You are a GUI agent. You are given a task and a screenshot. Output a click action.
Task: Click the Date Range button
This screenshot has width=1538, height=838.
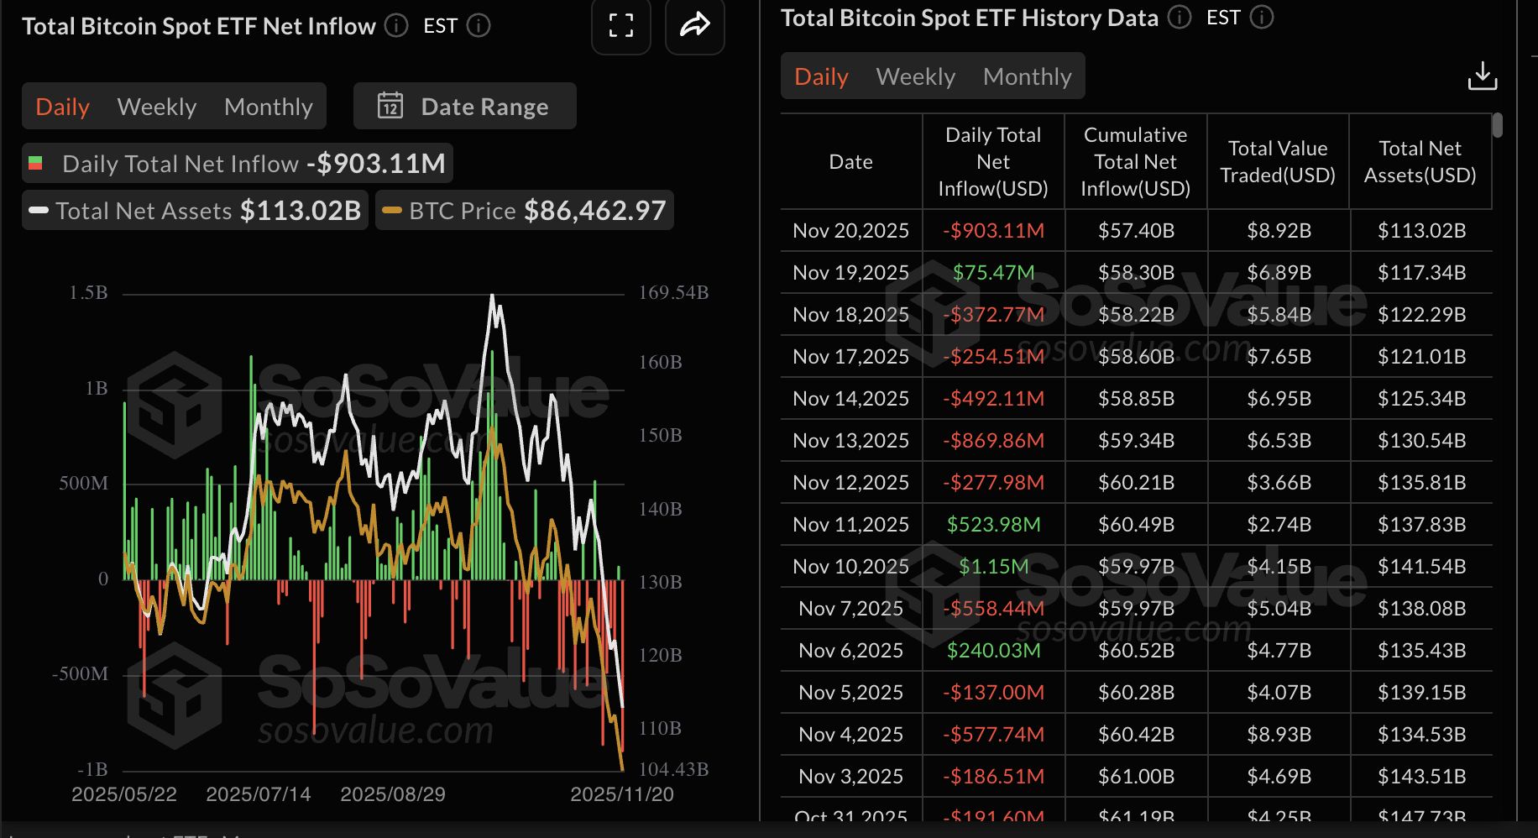[465, 107]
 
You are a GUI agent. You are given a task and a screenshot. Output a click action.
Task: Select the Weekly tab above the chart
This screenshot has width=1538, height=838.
[157, 107]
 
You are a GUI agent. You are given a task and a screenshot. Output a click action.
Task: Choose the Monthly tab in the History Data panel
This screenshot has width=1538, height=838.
[1027, 76]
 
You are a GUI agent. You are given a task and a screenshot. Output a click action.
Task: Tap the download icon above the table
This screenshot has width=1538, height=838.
[1482, 76]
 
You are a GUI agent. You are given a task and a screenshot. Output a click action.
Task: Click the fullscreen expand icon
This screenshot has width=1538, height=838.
[621, 26]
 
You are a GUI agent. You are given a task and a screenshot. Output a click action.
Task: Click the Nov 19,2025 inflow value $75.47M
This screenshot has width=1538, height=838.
[993, 272]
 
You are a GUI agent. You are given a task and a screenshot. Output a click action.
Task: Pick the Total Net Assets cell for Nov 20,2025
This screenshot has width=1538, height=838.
[1420, 230]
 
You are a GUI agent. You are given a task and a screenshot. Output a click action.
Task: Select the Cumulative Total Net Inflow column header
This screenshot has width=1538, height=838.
[1135, 161]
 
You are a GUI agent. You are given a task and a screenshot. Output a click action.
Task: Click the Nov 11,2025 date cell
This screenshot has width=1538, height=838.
[850, 524]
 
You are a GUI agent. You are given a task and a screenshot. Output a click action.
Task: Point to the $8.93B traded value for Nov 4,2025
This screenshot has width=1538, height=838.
[1278, 734]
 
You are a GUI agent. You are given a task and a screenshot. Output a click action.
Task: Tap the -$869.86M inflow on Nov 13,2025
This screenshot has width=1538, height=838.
[993, 440]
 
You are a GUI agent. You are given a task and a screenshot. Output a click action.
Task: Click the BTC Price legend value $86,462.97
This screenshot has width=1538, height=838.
[594, 210]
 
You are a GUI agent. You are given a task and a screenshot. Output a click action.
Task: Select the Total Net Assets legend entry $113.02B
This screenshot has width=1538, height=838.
[300, 210]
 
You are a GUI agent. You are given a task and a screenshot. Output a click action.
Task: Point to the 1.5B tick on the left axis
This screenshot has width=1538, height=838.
[88, 293]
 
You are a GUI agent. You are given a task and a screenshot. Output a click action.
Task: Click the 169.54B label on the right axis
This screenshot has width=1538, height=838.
[673, 293]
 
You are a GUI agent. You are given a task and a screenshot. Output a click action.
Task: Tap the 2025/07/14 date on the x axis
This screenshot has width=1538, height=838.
[258, 794]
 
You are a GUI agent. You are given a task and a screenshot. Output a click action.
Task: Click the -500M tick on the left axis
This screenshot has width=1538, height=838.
[80, 674]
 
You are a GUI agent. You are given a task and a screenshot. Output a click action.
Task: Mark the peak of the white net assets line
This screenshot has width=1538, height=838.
[492, 296]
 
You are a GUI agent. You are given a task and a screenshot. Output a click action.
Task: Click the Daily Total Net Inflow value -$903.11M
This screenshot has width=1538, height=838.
[376, 163]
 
